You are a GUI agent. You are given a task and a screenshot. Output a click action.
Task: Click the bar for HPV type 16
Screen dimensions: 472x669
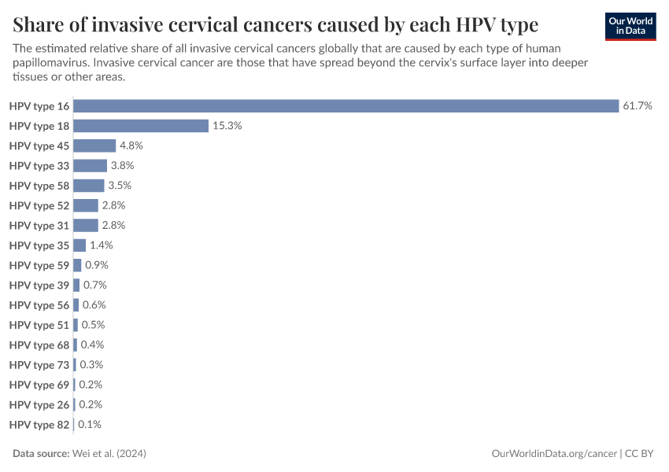pos(346,106)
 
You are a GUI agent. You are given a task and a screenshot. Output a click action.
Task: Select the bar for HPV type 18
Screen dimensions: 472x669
pos(141,126)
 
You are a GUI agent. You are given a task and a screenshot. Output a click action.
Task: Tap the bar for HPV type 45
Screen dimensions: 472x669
pos(94,146)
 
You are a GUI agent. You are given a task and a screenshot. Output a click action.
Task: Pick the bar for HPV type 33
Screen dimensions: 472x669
pos(90,166)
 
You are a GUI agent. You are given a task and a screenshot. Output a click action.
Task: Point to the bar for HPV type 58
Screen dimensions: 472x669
pos(89,186)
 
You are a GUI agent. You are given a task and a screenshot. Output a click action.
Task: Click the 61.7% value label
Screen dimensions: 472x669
pos(638,106)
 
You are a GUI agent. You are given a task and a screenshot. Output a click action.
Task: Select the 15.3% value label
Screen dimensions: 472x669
pos(227,126)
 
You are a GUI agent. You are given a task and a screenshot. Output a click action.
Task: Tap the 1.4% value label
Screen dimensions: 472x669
pos(102,245)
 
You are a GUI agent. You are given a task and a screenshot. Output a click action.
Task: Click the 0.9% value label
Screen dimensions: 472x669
pos(96,265)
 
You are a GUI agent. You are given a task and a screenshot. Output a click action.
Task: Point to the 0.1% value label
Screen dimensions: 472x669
pos(90,424)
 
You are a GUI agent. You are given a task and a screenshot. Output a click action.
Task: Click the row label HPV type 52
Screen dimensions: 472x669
pos(39,205)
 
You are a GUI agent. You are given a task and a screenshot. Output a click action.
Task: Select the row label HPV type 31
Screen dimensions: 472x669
pos(39,226)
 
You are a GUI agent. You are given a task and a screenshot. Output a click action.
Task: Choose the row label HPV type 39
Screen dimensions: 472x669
pos(39,285)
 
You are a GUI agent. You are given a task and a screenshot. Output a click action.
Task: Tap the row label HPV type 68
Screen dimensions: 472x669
pos(39,345)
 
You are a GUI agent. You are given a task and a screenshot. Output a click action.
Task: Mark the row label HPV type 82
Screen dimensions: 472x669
pos(39,424)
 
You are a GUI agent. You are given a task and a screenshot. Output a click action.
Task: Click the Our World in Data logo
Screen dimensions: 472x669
pos(630,26)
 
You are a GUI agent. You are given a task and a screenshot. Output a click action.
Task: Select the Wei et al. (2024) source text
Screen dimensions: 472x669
pos(109,454)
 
